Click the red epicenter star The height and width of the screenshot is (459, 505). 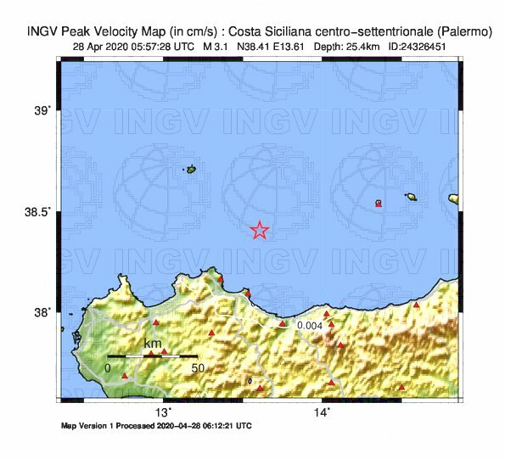coord(260,230)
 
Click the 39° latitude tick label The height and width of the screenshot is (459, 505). coord(42,109)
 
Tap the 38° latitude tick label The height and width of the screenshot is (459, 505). coord(42,312)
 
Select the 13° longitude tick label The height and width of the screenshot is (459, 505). coord(163,411)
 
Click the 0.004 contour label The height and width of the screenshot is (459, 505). coord(310,325)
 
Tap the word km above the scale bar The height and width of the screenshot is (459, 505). coord(153,344)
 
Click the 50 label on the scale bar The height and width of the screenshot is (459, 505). coord(197,368)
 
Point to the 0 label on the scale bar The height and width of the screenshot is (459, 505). coord(108,368)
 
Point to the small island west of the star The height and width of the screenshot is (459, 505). coord(190,170)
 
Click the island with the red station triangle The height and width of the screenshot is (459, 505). coord(379,204)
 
